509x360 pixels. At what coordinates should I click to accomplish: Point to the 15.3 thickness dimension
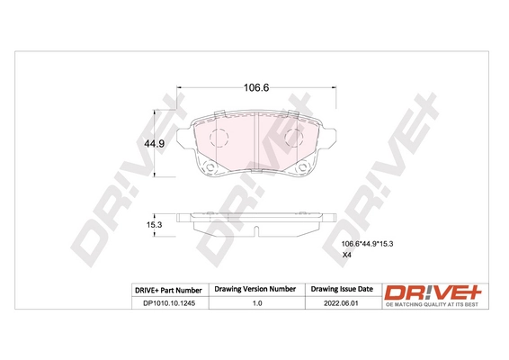click(x=155, y=224)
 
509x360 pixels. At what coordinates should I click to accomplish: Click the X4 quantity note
click(x=347, y=256)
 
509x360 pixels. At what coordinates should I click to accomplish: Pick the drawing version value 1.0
click(x=254, y=302)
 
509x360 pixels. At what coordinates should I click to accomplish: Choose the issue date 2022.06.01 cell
click(x=341, y=302)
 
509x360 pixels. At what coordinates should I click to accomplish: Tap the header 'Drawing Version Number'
click(x=254, y=289)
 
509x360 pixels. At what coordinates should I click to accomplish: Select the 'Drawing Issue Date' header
click(x=341, y=289)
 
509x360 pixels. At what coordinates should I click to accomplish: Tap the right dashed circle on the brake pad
click(x=292, y=138)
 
